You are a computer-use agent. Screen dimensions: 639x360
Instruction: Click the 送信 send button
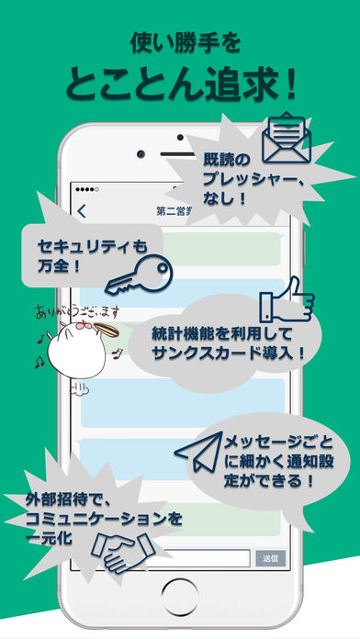click(x=268, y=557)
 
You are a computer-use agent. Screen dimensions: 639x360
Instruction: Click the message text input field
click(x=197, y=557)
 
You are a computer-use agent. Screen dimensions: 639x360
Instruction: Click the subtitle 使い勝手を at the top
click(x=180, y=39)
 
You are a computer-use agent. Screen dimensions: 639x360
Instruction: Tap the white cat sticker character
click(x=73, y=346)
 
